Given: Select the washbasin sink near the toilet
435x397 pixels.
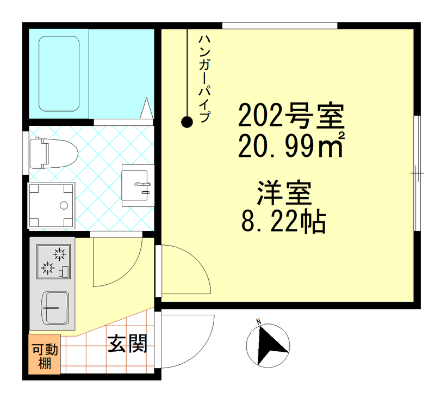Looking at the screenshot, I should [136, 185].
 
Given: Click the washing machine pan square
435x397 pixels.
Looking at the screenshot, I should [51, 206].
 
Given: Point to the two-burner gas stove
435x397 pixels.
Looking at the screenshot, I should [53, 261].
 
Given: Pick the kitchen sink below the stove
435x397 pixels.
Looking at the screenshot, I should [55, 308].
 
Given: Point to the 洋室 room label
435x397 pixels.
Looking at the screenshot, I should [283, 194].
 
